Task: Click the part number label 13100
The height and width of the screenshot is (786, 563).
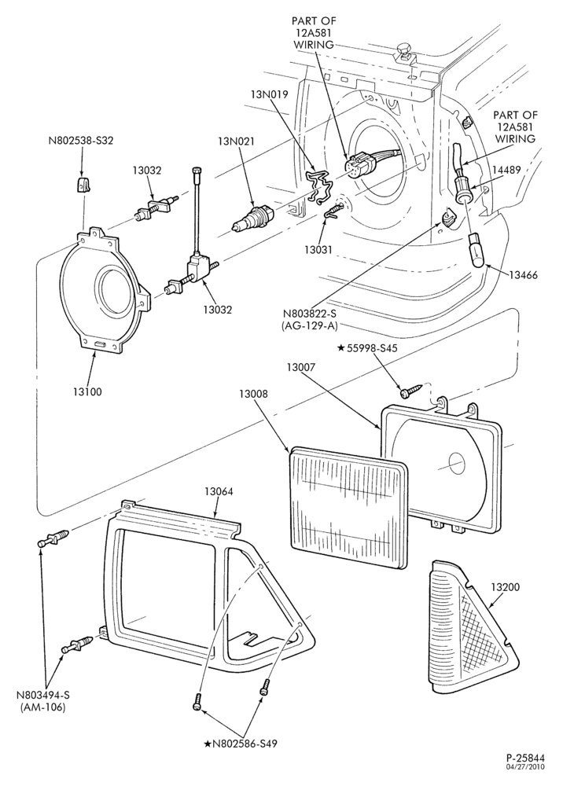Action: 86,392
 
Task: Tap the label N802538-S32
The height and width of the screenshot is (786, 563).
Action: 81,141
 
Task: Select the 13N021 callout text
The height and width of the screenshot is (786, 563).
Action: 236,141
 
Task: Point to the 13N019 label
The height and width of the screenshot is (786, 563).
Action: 269,94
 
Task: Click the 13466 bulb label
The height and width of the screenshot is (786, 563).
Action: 524,275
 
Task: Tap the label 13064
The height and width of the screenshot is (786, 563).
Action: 219,492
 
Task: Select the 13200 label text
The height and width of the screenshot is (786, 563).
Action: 506,587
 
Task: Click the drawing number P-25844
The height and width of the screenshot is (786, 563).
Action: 525,758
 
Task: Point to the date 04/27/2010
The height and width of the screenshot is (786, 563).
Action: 526,766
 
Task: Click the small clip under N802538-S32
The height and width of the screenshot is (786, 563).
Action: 83,185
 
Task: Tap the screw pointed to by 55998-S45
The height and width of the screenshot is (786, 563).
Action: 409,391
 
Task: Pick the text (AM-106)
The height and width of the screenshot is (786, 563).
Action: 42,708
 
